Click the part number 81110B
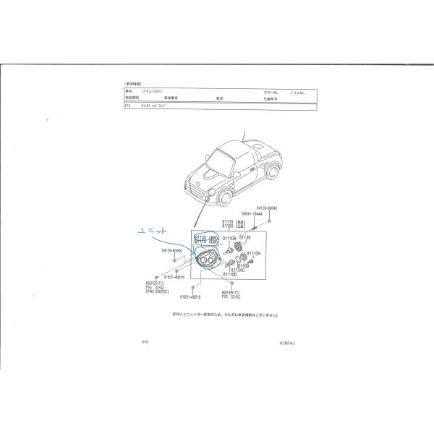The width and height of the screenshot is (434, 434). click(229, 237)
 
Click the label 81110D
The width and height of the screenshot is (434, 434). click(230, 275)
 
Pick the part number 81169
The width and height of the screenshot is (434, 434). click(243, 265)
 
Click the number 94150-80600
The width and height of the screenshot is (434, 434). click(171, 251)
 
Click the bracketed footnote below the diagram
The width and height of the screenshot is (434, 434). click(229, 316)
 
